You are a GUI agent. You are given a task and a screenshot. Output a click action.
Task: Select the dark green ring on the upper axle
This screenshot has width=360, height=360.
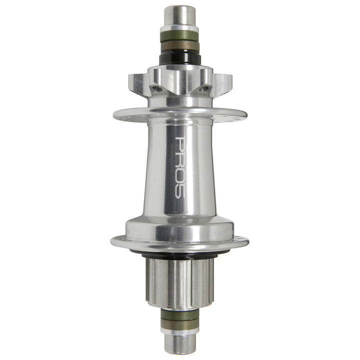180,36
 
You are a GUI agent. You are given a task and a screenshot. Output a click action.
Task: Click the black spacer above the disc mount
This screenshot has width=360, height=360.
180,59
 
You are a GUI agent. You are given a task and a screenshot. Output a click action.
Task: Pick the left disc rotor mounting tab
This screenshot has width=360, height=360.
138,83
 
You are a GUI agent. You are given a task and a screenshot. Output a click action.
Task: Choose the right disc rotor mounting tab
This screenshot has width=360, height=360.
222,83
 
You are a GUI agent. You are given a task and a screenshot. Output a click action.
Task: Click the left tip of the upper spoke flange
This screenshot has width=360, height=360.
115,113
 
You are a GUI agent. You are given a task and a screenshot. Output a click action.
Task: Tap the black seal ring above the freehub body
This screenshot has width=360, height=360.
180,253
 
